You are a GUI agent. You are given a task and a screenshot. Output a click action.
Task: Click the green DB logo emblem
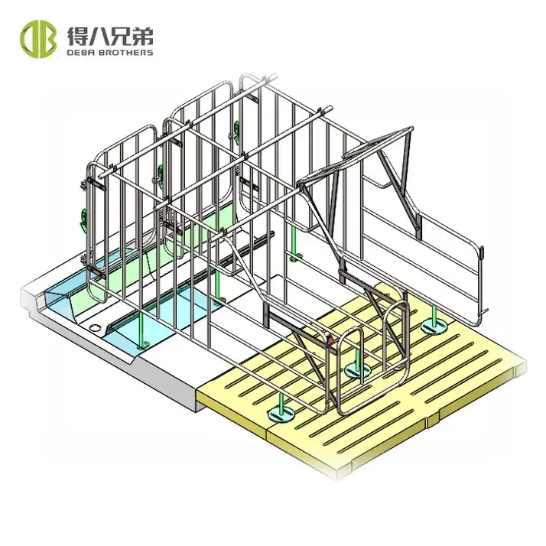(x=38, y=39)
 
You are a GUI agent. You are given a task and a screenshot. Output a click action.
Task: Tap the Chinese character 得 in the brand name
(x=78, y=36)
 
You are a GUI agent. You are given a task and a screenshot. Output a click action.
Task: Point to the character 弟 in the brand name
(x=142, y=36)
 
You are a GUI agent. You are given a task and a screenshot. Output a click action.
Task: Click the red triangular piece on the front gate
(x=330, y=340)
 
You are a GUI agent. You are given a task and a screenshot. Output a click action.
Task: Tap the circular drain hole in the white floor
(x=95, y=327)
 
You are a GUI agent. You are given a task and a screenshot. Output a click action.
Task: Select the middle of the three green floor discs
(x=357, y=370)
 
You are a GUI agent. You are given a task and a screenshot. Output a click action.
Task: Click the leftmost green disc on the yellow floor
(x=281, y=414)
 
